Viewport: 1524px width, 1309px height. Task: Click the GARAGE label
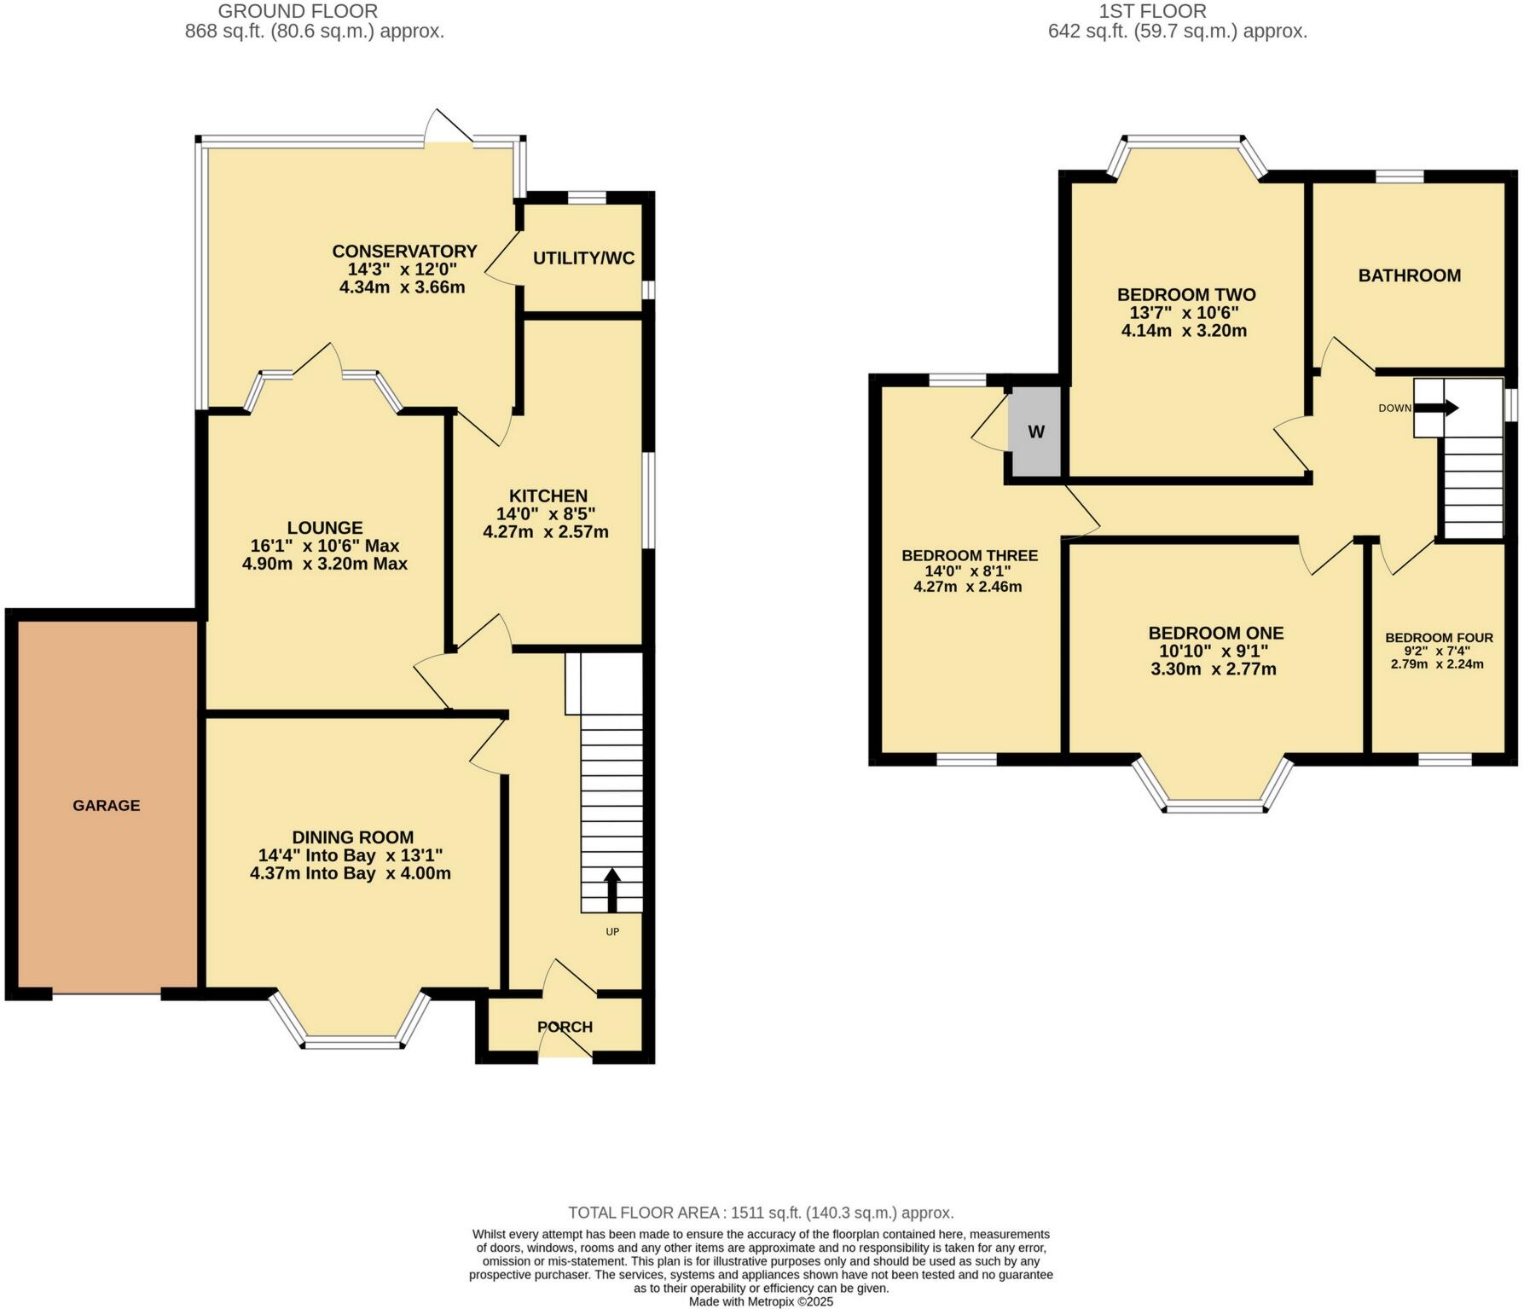click(107, 805)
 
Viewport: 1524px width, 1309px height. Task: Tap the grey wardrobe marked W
click(1035, 432)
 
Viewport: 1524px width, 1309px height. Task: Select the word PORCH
click(565, 1027)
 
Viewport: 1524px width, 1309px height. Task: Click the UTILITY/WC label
click(583, 258)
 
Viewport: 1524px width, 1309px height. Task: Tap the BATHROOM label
click(1409, 275)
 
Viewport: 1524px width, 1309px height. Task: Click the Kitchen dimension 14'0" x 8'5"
click(546, 514)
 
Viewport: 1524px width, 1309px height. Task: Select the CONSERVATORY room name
click(404, 251)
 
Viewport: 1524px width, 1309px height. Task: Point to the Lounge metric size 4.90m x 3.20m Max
click(325, 564)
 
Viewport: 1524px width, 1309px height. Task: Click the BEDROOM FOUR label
click(1439, 638)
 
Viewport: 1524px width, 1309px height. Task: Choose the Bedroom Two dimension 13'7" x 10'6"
click(1185, 313)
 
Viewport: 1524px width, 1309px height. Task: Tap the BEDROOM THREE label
click(970, 556)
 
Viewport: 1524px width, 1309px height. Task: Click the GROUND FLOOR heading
click(298, 11)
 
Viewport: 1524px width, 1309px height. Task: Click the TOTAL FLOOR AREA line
click(761, 1213)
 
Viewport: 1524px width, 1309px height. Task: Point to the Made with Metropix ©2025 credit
click(761, 1302)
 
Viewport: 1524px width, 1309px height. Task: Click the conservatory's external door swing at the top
click(449, 126)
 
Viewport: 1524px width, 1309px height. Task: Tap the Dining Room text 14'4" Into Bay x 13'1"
click(351, 855)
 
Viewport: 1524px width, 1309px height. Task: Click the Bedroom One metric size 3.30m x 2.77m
click(1214, 669)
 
